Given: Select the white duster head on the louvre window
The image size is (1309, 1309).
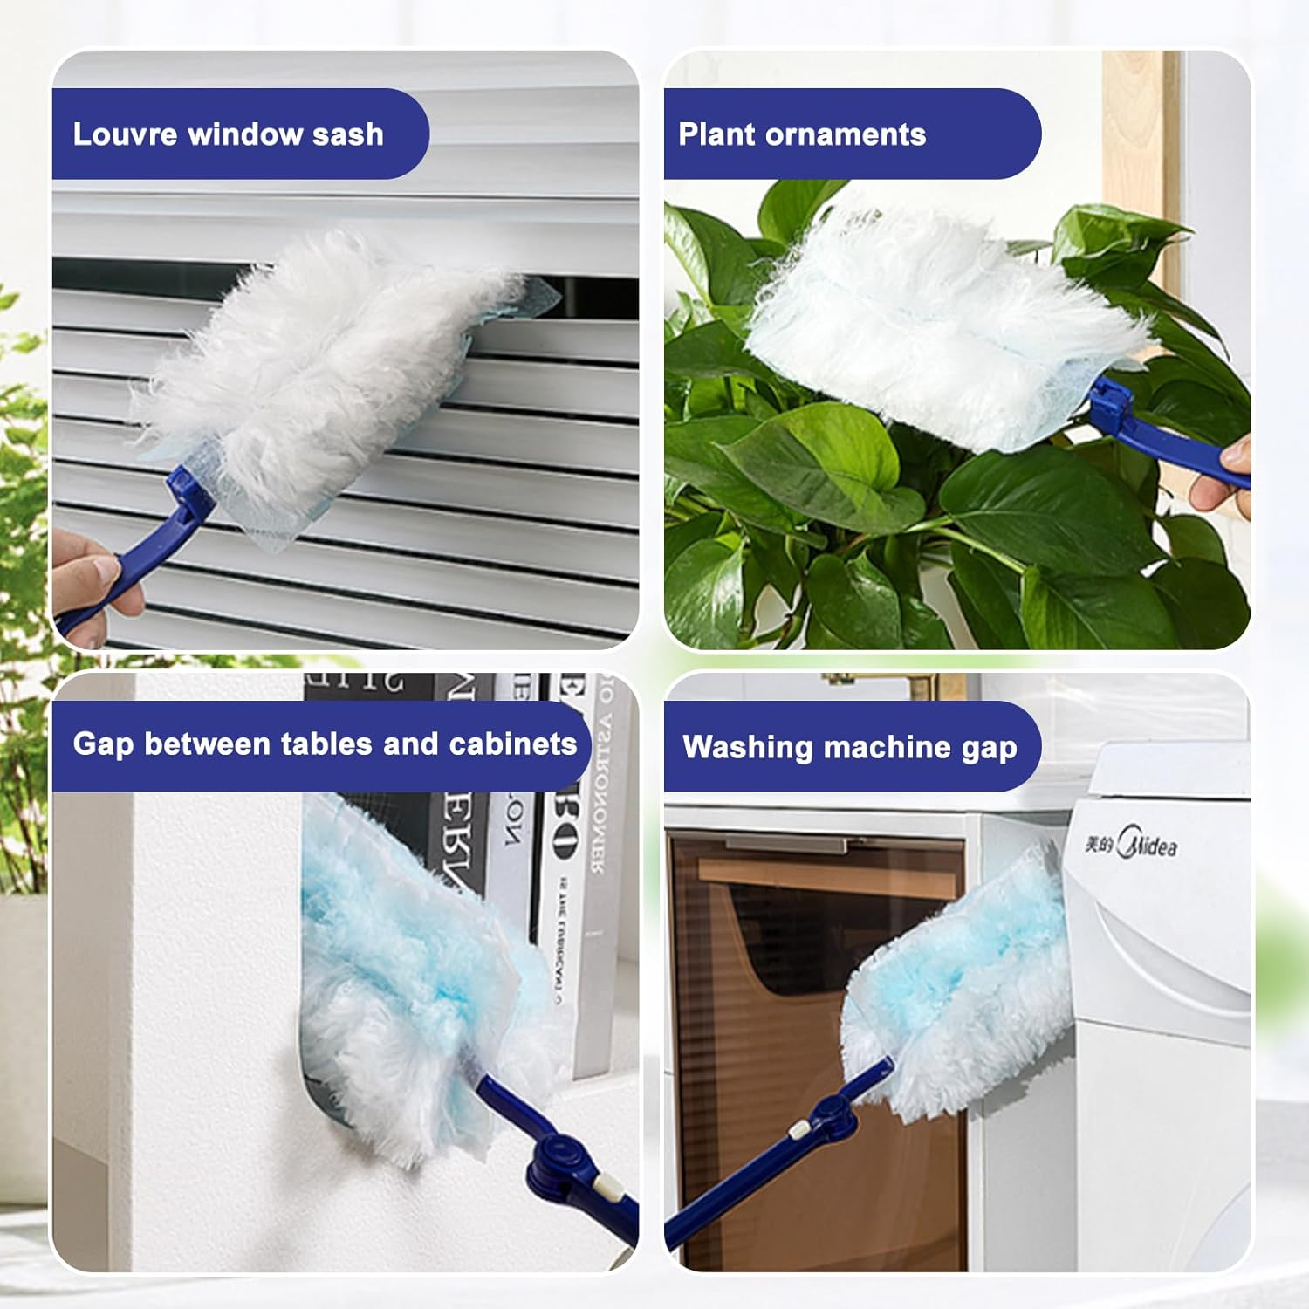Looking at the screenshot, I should click(323, 367).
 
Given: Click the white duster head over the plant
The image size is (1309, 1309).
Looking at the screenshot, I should click(934, 332).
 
